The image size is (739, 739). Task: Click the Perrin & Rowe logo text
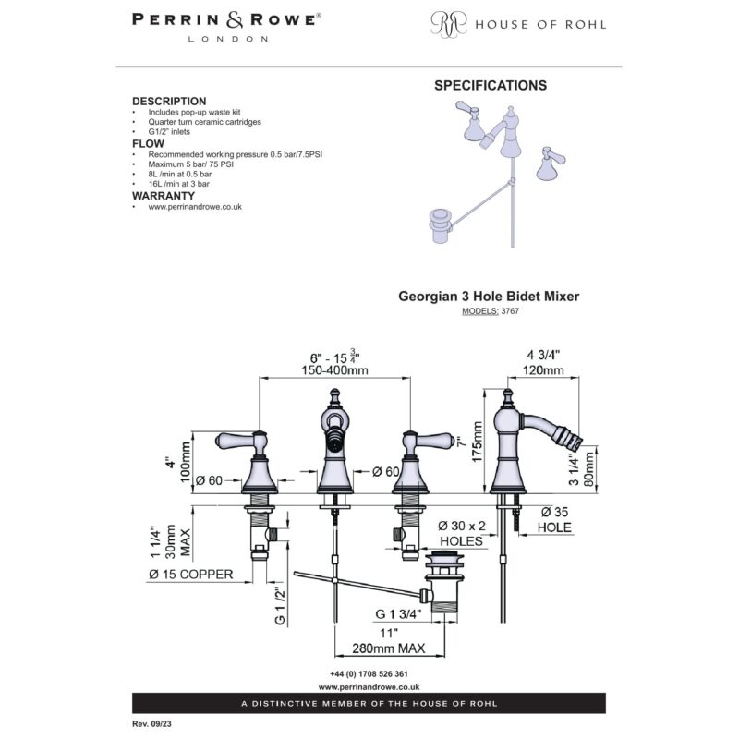tap(226, 28)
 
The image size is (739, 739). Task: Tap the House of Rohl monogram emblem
tap(449, 24)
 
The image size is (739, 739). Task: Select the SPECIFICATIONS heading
tap(491, 85)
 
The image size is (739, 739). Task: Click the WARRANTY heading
tap(164, 196)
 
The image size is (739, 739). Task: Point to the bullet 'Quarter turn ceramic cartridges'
tap(204, 122)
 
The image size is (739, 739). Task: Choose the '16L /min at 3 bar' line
tap(178, 184)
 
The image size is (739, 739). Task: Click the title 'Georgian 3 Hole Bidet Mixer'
tap(489, 296)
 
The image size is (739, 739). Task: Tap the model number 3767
tap(510, 311)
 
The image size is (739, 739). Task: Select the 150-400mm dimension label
tap(334, 370)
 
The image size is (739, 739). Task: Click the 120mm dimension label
tap(543, 370)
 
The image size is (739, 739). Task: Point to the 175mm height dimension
tap(478, 442)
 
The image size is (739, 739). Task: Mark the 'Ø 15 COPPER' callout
tap(191, 575)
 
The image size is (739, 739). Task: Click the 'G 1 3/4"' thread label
tap(398, 614)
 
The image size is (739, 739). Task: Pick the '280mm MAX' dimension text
tap(388, 648)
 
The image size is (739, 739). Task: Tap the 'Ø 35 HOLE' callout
tap(555, 519)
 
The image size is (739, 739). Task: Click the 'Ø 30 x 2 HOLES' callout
tap(461, 533)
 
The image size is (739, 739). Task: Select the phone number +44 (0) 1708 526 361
tap(369, 674)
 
